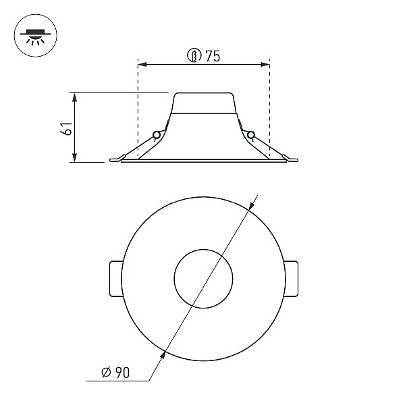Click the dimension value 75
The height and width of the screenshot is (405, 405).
[x=213, y=56]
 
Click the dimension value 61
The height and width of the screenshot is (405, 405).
[x=67, y=128]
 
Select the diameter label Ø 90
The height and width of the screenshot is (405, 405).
[x=115, y=372]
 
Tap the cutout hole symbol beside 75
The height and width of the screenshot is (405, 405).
[x=194, y=55]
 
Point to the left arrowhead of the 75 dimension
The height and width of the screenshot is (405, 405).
[x=142, y=64]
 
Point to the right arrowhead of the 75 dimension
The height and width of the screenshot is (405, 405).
[x=265, y=64]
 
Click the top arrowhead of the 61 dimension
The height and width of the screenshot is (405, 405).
[x=75, y=97]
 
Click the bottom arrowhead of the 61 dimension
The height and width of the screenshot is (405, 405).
[x=75, y=157]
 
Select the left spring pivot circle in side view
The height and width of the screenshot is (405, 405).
[x=157, y=135]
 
